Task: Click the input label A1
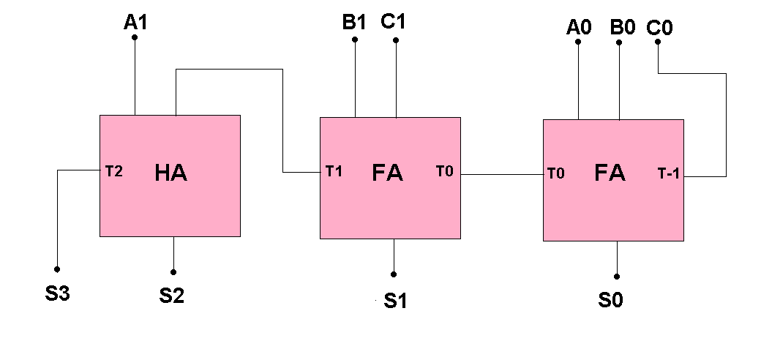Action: pyautogui.click(x=135, y=23)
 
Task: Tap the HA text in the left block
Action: pyautogui.click(x=171, y=173)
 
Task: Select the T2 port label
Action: pyautogui.click(x=113, y=172)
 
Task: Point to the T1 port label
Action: pyautogui.click(x=334, y=172)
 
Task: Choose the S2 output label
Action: pyautogui.click(x=173, y=296)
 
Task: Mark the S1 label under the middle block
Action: pyautogui.click(x=395, y=301)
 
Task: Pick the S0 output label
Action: pyautogui.click(x=610, y=301)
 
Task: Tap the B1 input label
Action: pyautogui.click(x=354, y=22)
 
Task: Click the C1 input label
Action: pyautogui.click(x=393, y=22)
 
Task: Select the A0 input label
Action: pyautogui.click(x=578, y=28)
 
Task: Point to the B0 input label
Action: pyautogui.click(x=623, y=28)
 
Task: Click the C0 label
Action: pyautogui.click(x=660, y=28)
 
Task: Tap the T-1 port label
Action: pyautogui.click(x=669, y=174)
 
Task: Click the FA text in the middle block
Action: pyautogui.click(x=387, y=174)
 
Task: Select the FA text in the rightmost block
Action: pyautogui.click(x=609, y=173)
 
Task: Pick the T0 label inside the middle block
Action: pyautogui.click(x=444, y=172)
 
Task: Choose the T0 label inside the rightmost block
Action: pyautogui.click(x=555, y=174)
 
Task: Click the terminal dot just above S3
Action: pyautogui.click(x=57, y=269)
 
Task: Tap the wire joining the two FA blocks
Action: pyautogui.click(x=502, y=174)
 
